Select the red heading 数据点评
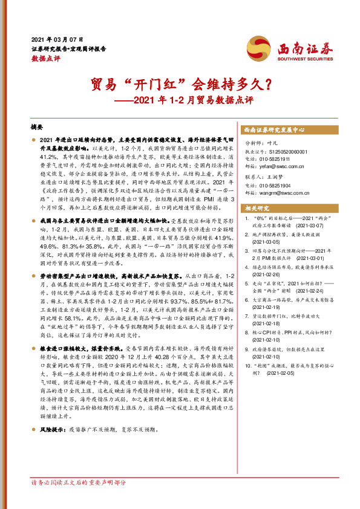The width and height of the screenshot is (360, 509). tap(46, 59)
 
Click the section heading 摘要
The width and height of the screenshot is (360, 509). tap(38, 128)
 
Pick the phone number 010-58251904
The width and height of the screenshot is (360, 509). tap(283, 187)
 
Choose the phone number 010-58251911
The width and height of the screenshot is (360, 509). tap(283, 158)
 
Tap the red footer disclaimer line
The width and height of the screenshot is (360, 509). tap(79, 499)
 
